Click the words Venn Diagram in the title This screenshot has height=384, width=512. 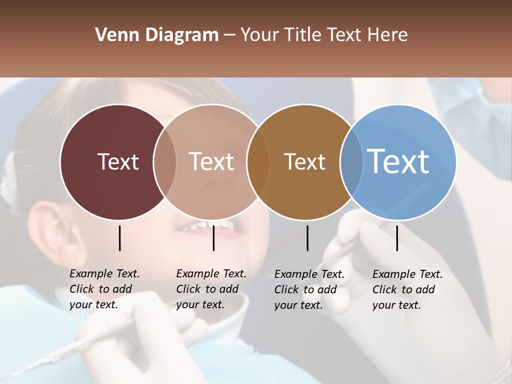tap(157, 35)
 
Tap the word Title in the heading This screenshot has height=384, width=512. tap(301, 35)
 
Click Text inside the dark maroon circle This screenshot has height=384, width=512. tap(118, 162)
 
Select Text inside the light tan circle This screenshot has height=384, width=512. tap(212, 162)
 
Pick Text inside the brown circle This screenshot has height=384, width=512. tap(305, 162)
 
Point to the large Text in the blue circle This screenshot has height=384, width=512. tap(398, 161)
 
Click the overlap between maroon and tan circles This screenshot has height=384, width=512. tap(165, 162)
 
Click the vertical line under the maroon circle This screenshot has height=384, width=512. tap(119, 238)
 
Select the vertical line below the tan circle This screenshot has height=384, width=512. tap(213, 238)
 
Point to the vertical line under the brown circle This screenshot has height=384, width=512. tap(307, 238)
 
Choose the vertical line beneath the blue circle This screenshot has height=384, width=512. tap(397, 238)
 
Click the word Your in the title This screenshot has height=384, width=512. tap(260, 35)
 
